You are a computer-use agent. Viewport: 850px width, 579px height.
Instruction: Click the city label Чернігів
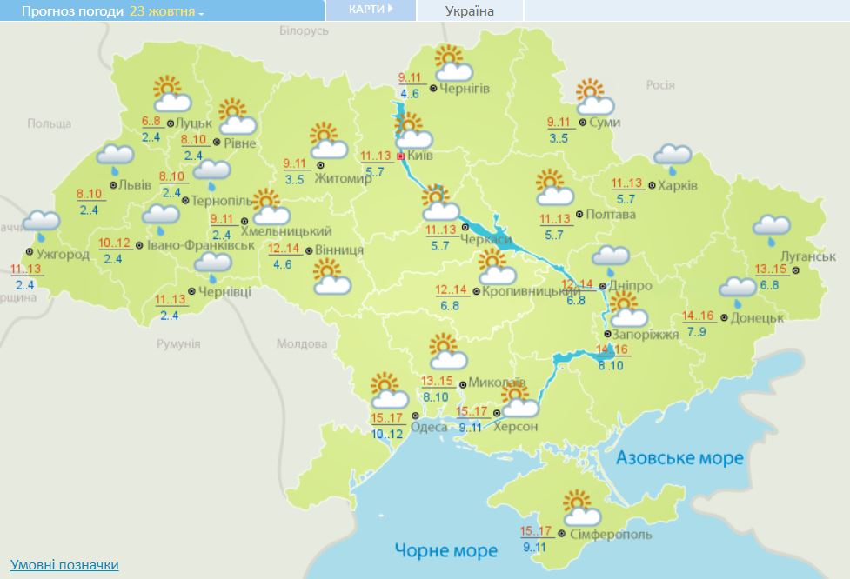point(465,89)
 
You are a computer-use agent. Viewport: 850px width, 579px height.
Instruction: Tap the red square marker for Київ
point(400,156)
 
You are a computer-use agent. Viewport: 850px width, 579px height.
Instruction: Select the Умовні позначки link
point(64,565)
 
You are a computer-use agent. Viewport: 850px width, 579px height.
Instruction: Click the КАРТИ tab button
point(370,10)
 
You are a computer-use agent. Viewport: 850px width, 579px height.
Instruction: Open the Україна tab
point(470,11)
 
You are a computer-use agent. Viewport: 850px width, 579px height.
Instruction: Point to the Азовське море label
point(679,458)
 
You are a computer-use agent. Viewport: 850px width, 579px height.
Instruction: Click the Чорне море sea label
point(445,550)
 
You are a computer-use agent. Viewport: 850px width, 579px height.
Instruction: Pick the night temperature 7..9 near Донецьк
point(696,331)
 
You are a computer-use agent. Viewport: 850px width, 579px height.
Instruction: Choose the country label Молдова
point(300,343)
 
